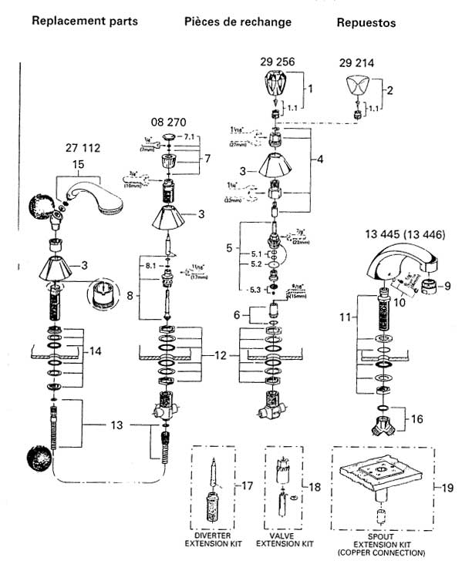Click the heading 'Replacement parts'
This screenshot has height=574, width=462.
85,21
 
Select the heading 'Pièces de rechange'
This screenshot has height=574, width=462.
238,22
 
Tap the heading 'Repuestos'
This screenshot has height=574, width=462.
366,23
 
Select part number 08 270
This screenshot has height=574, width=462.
169,123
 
